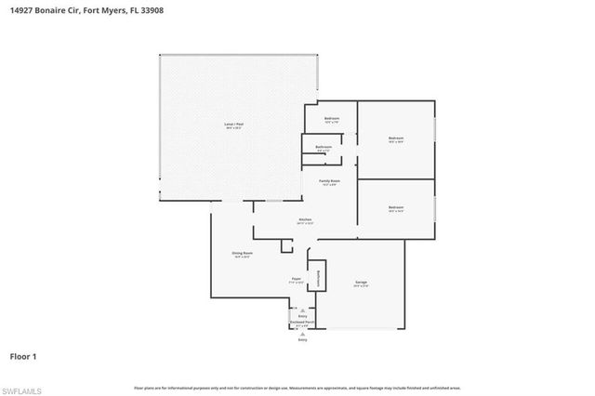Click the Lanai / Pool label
(x=233, y=124)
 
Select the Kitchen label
(x=305, y=219)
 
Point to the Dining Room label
(x=243, y=253)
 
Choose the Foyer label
(x=298, y=278)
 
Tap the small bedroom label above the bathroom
(x=332, y=119)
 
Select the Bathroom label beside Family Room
(x=324, y=147)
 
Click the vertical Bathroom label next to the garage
(x=318, y=277)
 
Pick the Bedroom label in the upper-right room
(x=397, y=139)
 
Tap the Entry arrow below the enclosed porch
(x=302, y=338)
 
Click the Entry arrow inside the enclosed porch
(x=302, y=313)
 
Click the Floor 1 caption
(x=23, y=356)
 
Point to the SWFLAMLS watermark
(x=23, y=388)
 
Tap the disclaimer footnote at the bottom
(x=297, y=387)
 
